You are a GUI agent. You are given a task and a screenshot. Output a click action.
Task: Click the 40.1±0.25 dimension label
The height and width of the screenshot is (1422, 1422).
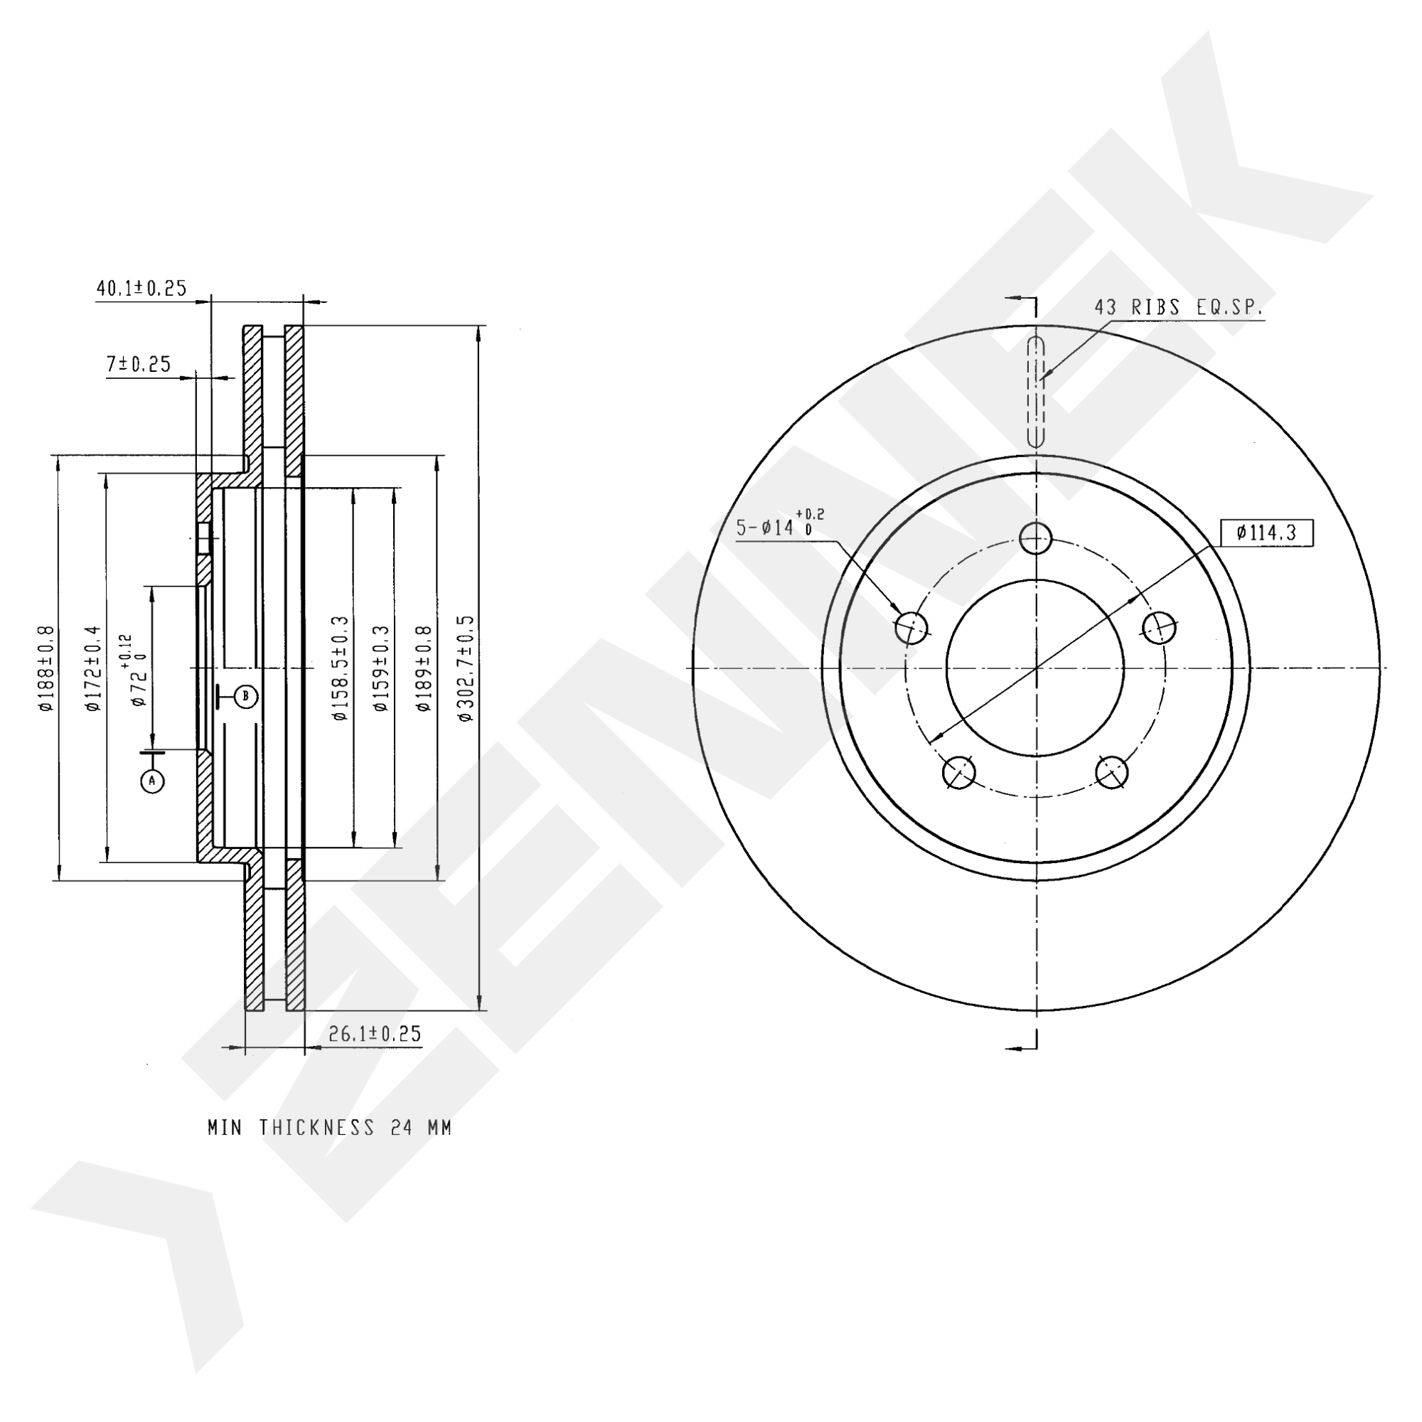click(x=141, y=288)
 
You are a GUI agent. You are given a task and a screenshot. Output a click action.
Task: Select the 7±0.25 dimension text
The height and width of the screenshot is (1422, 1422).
click(x=139, y=363)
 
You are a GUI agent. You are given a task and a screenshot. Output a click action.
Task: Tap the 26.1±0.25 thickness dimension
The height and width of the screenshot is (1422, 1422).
click(x=375, y=1033)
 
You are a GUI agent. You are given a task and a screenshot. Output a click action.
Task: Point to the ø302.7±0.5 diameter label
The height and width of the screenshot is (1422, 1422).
click(x=466, y=668)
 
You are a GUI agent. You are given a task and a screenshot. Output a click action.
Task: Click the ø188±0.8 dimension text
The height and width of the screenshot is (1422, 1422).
click(x=46, y=668)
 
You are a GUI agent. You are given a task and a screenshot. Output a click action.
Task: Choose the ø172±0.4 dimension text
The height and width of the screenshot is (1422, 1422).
click(x=92, y=668)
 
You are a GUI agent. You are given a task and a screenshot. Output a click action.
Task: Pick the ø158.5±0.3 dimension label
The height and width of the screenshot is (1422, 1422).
click(x=339, y=668)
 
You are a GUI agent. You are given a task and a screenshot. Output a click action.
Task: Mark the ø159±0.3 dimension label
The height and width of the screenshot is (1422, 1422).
click(x=380, y=668)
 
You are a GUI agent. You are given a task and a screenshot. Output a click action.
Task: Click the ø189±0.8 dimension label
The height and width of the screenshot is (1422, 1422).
click(x=423, y=668)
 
